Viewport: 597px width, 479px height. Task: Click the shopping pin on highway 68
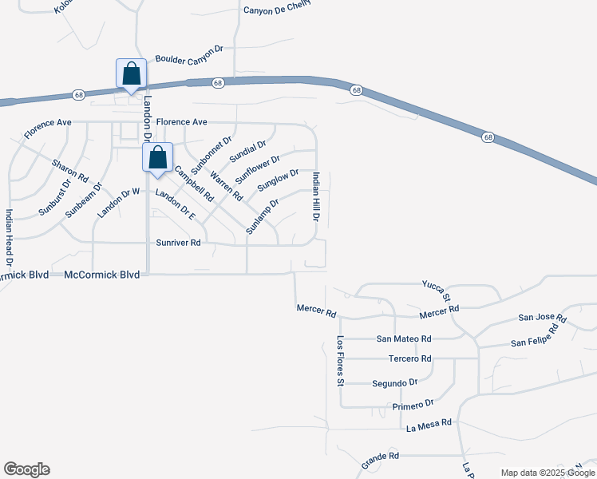point(131,73)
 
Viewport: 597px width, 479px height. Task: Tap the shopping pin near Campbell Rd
point(157,157)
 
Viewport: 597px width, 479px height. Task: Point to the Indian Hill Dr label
point(316,196)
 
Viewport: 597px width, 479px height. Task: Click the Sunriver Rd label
point(178,242)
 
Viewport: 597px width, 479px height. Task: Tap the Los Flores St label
point(340,361)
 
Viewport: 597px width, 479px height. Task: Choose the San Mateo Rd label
point(404,338)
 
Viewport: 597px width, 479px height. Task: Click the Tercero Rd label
point(409,358)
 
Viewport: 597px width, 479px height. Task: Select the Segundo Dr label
point(394,383)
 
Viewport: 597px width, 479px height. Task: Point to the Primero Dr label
point(413,406)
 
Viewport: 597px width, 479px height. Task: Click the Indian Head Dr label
point(9,237)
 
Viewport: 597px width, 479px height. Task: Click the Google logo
point(26,469)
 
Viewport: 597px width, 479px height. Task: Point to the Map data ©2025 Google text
point(548,473)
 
